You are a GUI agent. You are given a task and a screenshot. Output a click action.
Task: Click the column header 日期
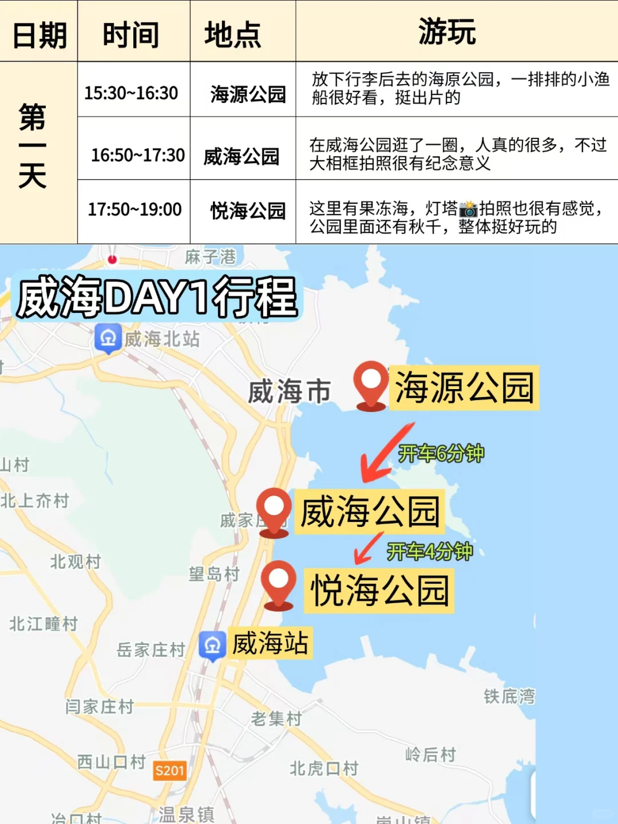tap(39, 34)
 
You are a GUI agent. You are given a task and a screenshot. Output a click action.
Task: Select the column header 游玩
tap(447, 31)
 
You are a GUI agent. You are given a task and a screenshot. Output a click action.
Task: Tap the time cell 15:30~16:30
tap(131, 93)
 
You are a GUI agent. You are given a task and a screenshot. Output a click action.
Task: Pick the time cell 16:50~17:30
tap(138, 154)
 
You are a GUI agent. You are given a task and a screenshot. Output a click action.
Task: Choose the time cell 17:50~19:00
tap(134, 209)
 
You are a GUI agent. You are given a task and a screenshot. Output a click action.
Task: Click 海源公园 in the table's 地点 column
tap(248, 94)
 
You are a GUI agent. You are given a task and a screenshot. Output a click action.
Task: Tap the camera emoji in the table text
tap(468, 209)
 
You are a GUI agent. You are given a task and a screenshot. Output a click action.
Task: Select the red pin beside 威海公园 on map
tap(274, 510)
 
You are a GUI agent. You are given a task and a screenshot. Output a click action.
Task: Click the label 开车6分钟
tap(441, 454)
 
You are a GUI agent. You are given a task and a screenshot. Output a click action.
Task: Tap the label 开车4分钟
tap(430, 552)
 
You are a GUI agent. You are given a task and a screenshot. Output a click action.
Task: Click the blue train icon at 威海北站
tap(108, 338)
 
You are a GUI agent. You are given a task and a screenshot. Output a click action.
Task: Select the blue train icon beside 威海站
tap(212, 645)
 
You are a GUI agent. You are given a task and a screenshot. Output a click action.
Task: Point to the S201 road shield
tap(170, 771)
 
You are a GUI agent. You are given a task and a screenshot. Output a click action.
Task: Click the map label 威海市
tap(290, 392)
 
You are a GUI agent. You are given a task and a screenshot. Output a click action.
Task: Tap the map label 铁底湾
tap(509, 696)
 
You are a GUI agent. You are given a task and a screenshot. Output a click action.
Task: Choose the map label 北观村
tap(76, 561)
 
